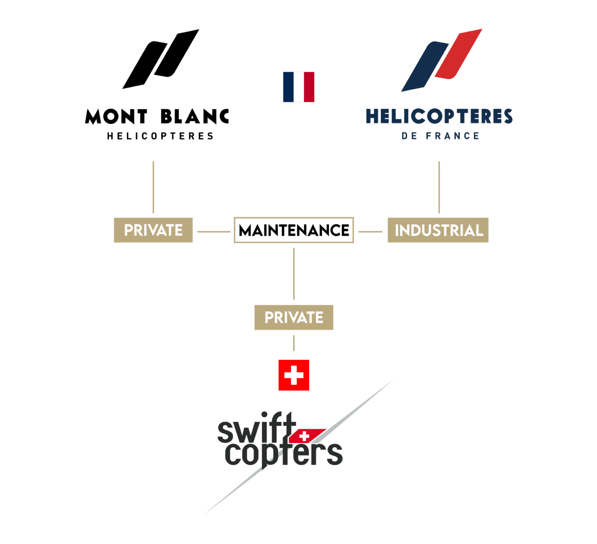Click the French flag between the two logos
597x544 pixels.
tap(298, 87)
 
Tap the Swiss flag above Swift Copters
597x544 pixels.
tap(294, 375)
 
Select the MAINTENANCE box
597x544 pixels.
tap(294, 230)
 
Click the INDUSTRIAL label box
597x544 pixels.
tap(438, 230)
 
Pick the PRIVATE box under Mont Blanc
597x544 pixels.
tap(153, 230)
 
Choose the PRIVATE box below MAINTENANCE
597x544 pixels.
tap(294, 317)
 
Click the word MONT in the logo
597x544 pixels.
tap(116, 116)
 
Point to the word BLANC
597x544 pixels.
tap(195, 116)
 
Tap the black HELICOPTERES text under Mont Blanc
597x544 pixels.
tap(160, 136)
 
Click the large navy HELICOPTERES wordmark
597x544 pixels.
tap(439, 116)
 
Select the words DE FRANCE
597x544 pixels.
tap(440, 136)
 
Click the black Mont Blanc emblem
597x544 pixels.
tap(161, 59)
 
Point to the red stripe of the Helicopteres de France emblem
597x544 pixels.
tap(458, 54)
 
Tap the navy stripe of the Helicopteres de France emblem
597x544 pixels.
tap(425, 67)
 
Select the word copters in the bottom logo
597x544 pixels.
tap(284, 454)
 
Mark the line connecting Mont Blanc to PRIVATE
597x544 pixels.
tap(153, 187)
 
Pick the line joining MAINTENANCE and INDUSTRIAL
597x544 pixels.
tap(370, 232)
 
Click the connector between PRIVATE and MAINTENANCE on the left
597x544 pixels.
tap(214, 232)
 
